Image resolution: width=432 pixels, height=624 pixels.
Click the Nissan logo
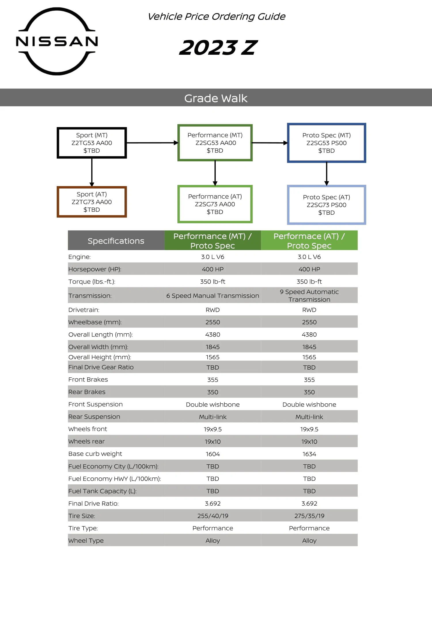(57, 41)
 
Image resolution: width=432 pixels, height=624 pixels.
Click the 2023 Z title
(218, 48)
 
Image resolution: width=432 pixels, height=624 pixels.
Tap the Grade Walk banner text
(216, 98)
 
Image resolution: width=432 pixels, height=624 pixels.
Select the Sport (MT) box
(92, 143)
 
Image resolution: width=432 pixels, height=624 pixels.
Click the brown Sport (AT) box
(92, 202)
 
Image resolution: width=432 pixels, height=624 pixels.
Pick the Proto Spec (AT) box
(326, 205)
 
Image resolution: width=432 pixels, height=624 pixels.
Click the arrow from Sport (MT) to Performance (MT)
(152, 143)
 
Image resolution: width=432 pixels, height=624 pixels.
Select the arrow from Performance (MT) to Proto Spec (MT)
(269, 143)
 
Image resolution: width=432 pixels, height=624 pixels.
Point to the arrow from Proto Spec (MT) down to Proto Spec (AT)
(326, 173)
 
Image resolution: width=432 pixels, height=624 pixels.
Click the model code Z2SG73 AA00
(215, 204)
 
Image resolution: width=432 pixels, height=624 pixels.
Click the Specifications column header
(116, 241)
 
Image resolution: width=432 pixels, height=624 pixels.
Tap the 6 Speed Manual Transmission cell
(213, 296)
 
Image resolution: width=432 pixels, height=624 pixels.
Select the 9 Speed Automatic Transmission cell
(309, 296)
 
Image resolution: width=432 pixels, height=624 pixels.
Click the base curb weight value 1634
(309, 454)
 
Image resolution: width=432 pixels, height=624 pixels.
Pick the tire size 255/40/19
(213, 516)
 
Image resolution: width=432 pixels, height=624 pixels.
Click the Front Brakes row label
(88, 379)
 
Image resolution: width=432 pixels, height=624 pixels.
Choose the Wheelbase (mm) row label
(95, 322)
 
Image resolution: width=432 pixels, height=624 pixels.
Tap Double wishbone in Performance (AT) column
(309, 404)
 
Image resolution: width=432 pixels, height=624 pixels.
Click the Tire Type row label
(83, 528)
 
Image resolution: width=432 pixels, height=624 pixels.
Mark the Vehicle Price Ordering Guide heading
(216, 17)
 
